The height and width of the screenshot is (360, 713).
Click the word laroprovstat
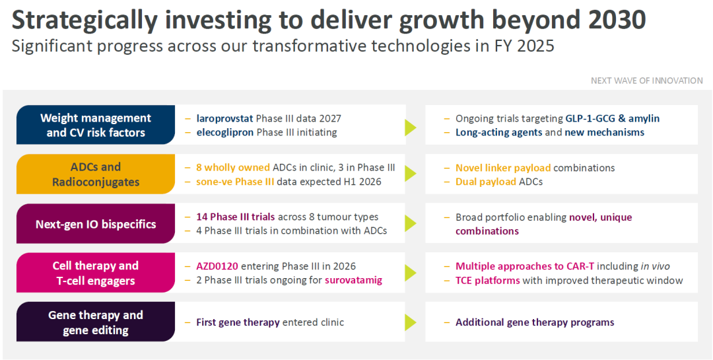click(x=224, y=118)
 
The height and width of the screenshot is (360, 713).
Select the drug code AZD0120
click(x=218, y=266)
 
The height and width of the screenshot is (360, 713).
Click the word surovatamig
click(x=353, y=280)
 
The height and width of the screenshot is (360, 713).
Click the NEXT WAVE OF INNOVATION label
click(x=646, y=81)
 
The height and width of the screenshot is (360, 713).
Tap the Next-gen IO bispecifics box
click(x=96, y=223)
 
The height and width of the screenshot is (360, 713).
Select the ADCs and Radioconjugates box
click(x=96, y=174)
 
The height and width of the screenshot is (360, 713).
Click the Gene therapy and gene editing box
click(x=96, y=322)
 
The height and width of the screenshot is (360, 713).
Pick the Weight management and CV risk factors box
click(x=96, y=125)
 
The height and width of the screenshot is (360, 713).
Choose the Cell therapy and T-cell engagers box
click(x=96, y=273)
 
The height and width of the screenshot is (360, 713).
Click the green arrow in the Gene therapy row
click(x=411, y=322)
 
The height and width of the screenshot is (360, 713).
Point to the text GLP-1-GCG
click(x=588, y=118)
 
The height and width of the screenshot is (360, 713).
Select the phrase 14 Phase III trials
click(x=236, y=217)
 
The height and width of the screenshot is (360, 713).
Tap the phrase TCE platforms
click(x=488, y=280)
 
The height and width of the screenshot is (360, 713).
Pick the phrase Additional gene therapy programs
click(x=535, y=322)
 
